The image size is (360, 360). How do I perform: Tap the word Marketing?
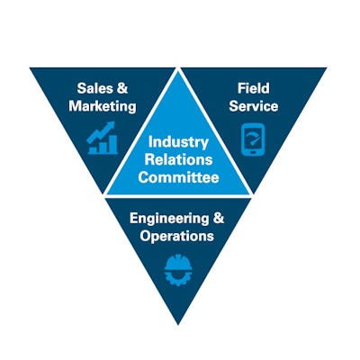103,106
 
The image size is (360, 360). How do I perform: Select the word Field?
254,88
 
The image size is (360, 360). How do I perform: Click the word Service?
254,106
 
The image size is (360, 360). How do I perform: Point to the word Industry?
178,142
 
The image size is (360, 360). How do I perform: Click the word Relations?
178,159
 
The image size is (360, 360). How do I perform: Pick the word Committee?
178,177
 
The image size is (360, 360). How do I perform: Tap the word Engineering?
169,219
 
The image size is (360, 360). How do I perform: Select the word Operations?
176,236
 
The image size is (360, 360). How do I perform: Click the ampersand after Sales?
121,88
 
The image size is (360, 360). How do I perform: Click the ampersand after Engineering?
219,218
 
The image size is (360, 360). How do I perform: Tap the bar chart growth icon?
103,138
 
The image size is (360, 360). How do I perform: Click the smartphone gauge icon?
253,139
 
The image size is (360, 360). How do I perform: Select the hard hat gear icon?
178,270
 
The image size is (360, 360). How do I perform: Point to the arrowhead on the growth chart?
111,125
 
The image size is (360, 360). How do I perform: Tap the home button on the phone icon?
253,152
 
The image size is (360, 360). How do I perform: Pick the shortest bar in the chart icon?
94,149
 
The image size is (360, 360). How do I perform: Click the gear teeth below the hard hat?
178,279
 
